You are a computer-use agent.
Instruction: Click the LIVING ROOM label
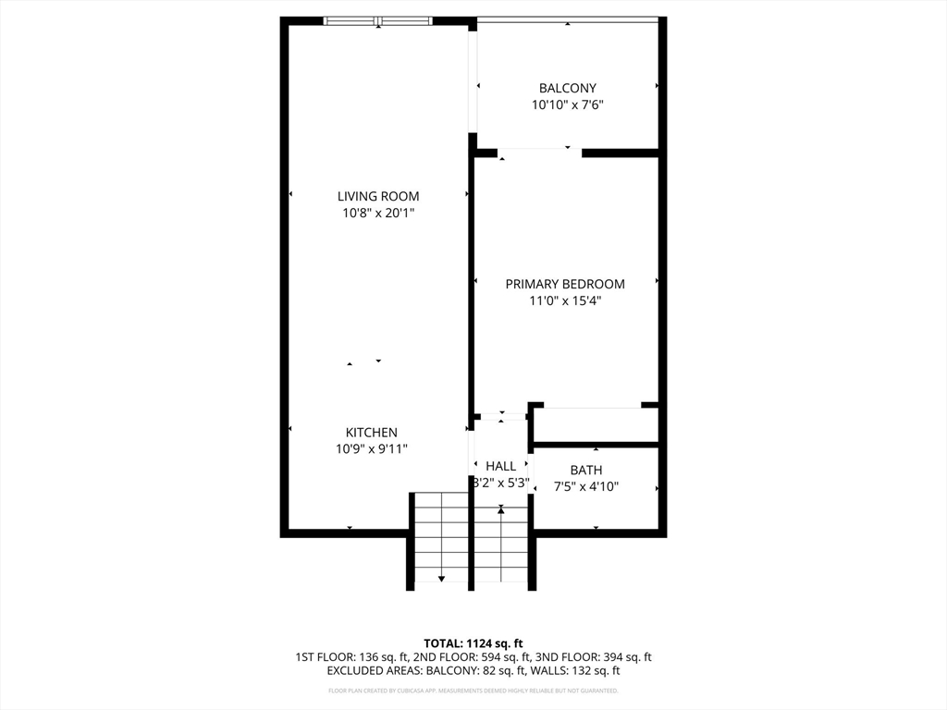click(377, 196)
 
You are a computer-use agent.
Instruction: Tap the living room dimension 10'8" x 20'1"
click(377, 214)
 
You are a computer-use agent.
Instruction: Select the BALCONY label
click(568, 89)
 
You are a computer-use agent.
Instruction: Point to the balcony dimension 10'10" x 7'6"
click(568, 105)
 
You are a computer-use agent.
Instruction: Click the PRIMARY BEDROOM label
click(565, 284)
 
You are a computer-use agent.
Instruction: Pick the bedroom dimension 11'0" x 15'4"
click(565, 300)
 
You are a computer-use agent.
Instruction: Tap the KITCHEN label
click(372, 432)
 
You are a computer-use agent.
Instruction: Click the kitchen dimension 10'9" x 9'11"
click(372, 449)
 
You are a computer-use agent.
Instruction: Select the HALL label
click(500, 466)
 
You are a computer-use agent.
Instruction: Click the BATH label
click(586, 470)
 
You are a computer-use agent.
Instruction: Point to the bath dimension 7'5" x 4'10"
click(586, 486)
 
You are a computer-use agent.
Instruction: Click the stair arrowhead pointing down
click(441, 578)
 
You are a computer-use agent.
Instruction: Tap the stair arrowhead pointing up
click(501, 509)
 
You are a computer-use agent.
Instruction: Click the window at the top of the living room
click(377, 21)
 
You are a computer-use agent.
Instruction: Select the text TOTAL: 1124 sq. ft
click(473, 643)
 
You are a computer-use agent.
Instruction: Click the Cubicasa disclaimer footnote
click(473, 691)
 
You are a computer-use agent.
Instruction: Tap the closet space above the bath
click(596, 425)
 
